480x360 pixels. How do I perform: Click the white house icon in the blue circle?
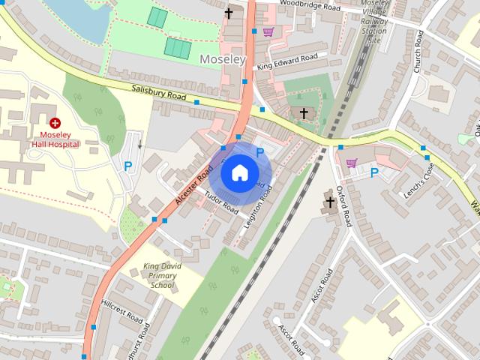(x=239, y=173)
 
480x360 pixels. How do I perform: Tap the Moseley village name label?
(x=222, y=58)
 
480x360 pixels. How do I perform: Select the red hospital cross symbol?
(x=55, y=122)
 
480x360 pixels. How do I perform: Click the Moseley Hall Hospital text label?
(x=55, y=139)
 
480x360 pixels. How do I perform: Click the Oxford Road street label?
(x=343, y=206)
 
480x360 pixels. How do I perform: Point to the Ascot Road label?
(x=321, y=285)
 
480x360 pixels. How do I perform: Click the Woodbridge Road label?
(x=310, y=7)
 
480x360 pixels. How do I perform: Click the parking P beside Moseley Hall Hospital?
(x=128, y=166)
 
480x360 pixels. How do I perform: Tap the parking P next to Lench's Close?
(x=374, y=172)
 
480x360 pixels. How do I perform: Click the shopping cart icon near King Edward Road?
(x=268, y=31)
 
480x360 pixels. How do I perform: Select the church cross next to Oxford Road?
(x=330, y=202)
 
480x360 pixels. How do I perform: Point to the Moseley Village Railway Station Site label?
(x=373, y=22)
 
